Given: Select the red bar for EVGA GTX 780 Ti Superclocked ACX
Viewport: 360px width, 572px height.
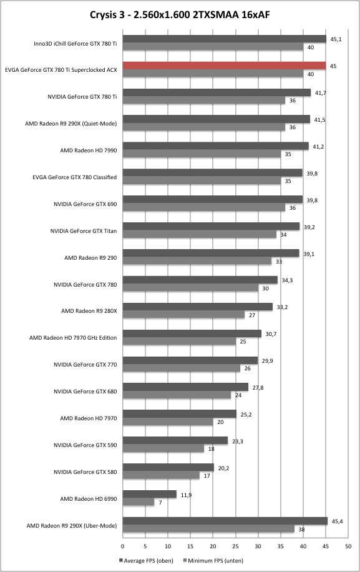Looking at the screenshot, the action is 224,66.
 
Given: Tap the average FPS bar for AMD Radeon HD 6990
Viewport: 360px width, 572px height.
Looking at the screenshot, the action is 149,495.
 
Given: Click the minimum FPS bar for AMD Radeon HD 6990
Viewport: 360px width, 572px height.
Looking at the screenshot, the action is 139,502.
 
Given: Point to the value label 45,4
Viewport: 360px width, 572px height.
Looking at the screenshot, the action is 337,521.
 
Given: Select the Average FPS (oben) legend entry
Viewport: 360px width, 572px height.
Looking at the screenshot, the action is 146,560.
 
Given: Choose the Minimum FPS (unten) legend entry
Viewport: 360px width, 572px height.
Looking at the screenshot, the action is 213,560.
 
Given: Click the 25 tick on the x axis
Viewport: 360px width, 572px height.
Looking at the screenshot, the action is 236,546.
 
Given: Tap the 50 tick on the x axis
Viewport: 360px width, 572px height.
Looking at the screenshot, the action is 348,546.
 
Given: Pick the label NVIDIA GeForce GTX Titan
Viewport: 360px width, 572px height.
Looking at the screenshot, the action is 84,231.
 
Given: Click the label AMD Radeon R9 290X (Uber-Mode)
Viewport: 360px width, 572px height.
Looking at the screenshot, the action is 72,526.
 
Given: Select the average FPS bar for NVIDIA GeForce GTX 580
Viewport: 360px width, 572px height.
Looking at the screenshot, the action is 168,467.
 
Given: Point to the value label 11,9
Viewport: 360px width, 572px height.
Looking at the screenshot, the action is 186,495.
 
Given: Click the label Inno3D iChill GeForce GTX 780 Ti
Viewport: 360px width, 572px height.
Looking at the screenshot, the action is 75,44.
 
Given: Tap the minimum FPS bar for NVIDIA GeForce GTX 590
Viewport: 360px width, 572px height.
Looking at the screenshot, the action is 163,448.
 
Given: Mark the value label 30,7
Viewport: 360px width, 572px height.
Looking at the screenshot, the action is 271,334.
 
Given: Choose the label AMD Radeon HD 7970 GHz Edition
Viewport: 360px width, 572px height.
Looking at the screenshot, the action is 73,338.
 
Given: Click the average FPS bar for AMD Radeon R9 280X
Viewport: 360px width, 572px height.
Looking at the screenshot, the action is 198,307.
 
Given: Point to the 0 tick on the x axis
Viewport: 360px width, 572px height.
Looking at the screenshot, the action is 122,546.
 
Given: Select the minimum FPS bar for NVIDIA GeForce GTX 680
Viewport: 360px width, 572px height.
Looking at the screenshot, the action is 177,395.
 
